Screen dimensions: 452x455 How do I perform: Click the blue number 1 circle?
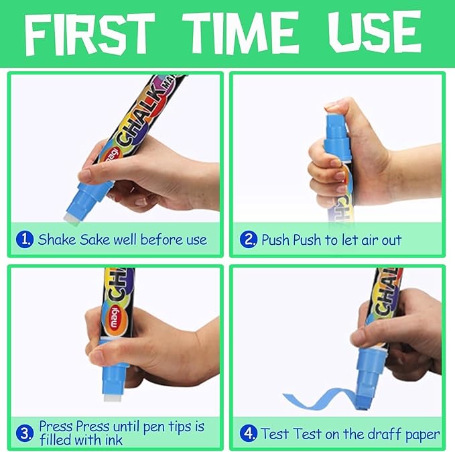point(25,239)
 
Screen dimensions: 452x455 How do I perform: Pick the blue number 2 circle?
point(249,239)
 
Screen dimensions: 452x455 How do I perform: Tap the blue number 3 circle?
point(25,433)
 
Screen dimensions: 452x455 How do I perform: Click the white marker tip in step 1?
point(71,217)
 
